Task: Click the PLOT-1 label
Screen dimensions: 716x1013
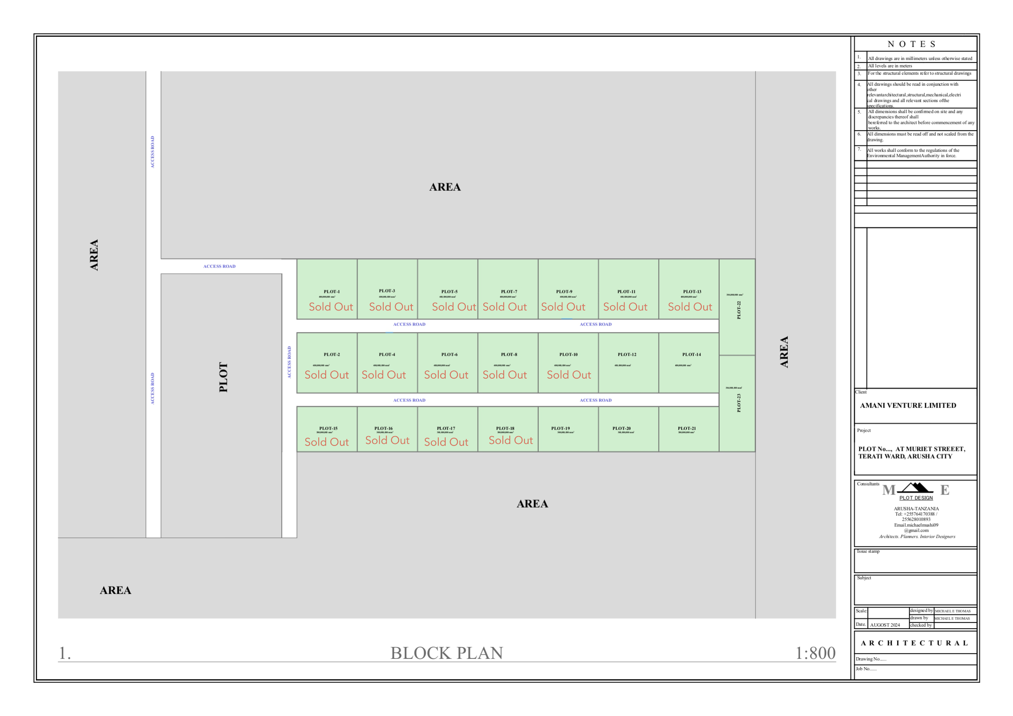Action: pos(332,292)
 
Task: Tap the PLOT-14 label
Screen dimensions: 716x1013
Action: pos(691,354)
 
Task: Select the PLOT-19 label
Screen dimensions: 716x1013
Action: pos(560,428)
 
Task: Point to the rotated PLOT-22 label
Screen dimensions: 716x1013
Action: pos(739,310)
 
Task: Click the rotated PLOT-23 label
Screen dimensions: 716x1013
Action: pos(739,403)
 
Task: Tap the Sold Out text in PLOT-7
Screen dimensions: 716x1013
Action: pos(504,307)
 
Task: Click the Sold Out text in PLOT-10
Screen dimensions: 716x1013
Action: pos(569,375)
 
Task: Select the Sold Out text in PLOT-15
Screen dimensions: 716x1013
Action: pos(327,441)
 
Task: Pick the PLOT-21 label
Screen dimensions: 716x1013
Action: pos(686,428)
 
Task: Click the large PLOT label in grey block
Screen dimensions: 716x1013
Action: pos(224,377)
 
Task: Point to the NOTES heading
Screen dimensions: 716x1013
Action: pos(911,44)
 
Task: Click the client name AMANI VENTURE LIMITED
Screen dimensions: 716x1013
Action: pos(908,406)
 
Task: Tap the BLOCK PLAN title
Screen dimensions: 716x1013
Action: pos(447,653)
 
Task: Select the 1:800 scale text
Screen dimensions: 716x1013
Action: pos(815,653)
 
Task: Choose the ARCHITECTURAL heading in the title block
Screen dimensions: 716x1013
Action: pos(914,643)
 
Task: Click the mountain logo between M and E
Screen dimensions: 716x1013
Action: pos(915,488)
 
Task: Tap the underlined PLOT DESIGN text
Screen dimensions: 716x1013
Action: pos(916,498)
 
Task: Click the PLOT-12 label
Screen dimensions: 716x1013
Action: pos(627,354)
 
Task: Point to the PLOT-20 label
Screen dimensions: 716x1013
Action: pos(621,428)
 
